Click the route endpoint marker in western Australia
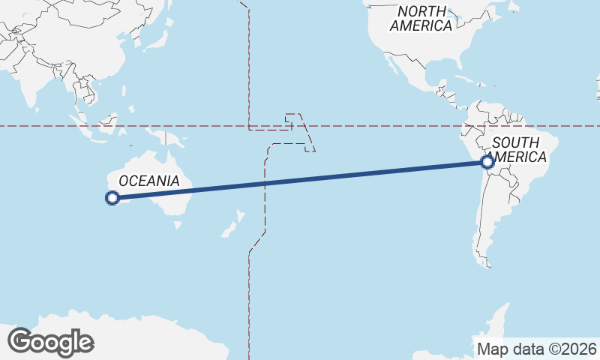[112, 198]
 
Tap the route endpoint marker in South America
[488, 161]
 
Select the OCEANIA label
[149, 181]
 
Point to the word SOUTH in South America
[516, 143]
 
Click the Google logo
[50, 342]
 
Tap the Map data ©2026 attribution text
[537, 349]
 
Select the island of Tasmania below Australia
[177, 223]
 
